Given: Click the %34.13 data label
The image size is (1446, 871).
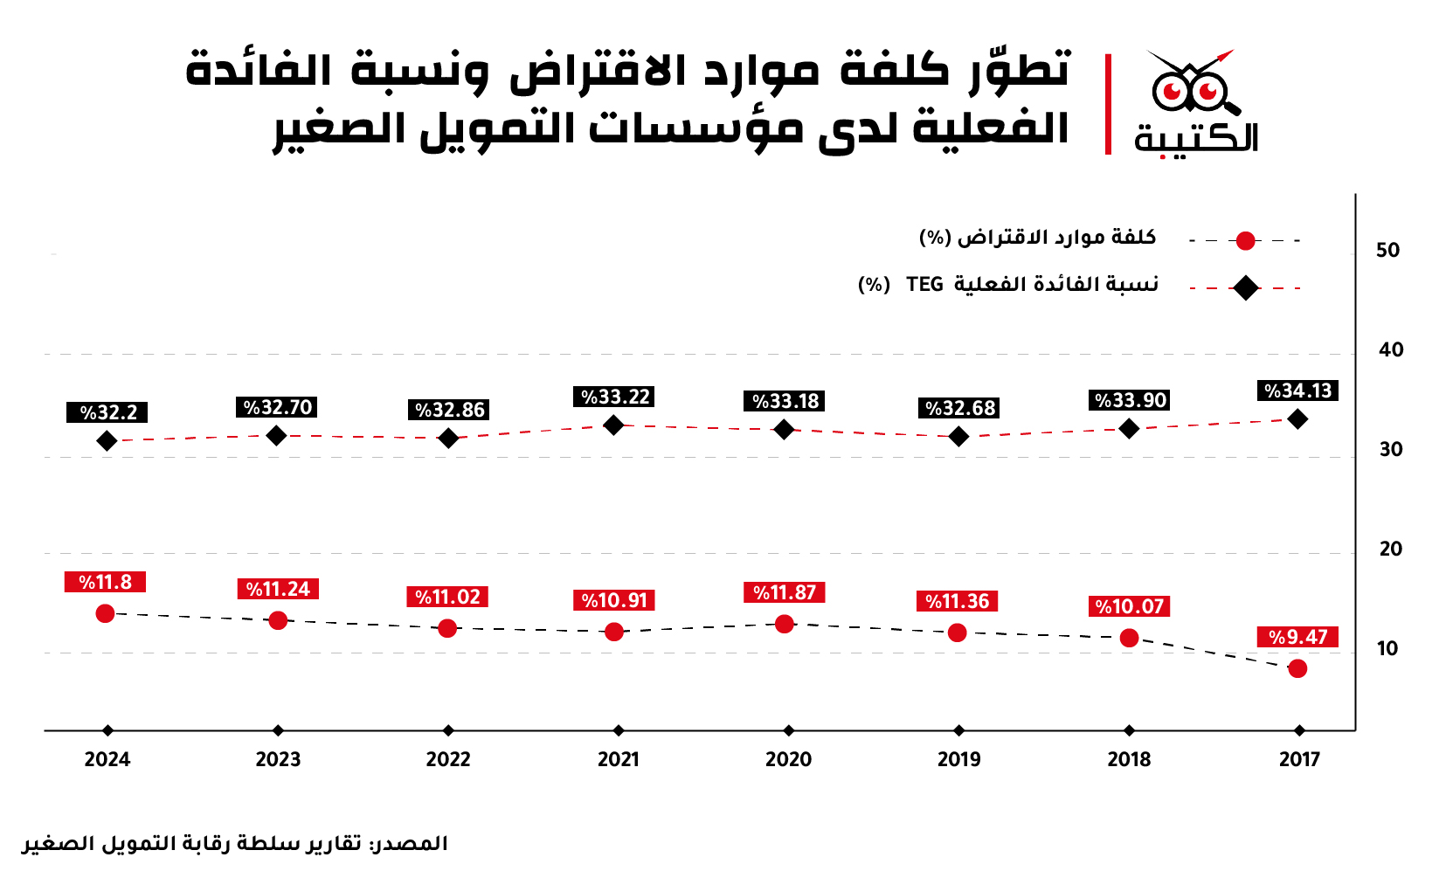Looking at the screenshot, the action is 1297,391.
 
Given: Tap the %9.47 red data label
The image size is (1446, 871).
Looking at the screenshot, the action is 1297,637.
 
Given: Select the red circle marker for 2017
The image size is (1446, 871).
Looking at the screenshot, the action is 1297,669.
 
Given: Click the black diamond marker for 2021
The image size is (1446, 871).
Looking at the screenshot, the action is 613,425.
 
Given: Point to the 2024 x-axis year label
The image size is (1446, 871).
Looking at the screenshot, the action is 107,759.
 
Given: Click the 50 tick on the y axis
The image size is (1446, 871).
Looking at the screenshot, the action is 1388,251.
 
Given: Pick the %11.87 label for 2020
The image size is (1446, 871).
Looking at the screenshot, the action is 785,592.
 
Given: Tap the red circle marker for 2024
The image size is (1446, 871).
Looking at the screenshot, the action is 105,613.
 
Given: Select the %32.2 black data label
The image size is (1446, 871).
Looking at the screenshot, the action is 107,412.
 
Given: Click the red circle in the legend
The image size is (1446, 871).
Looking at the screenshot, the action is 1245,241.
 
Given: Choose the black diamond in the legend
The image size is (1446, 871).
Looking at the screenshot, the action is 1245,288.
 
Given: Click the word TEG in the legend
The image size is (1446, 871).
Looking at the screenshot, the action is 925,284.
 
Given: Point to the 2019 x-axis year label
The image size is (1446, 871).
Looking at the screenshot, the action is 959,759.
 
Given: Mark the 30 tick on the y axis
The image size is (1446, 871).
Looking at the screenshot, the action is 1391,450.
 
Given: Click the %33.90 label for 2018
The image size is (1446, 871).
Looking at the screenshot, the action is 1130,400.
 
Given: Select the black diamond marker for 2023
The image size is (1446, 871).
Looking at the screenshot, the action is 276,436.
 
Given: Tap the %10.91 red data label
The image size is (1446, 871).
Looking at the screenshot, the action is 614,600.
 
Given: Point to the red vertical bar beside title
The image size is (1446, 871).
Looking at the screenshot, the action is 1109,105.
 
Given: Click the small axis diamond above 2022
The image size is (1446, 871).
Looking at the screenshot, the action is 448,731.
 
